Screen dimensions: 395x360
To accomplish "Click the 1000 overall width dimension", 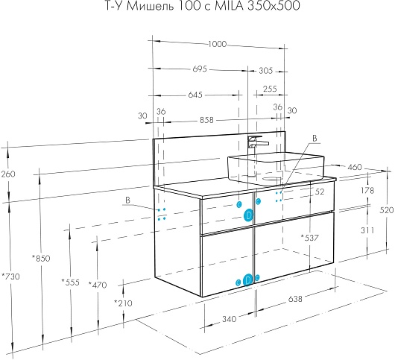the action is pos(218,44).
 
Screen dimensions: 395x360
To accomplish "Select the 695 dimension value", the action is pos(200,69).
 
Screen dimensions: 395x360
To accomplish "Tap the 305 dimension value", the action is pos(266,71).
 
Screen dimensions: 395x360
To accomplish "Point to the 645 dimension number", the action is pos(195,95).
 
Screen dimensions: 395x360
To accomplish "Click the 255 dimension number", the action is pos(270,89).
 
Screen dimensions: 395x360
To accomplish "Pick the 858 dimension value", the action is pos(206,120).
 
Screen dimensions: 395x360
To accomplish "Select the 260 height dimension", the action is pos(8,174).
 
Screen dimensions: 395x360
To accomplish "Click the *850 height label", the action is pos(41,258).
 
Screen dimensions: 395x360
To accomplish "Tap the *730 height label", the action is pos(10,277).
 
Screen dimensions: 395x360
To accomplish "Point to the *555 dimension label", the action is pos(71,282).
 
